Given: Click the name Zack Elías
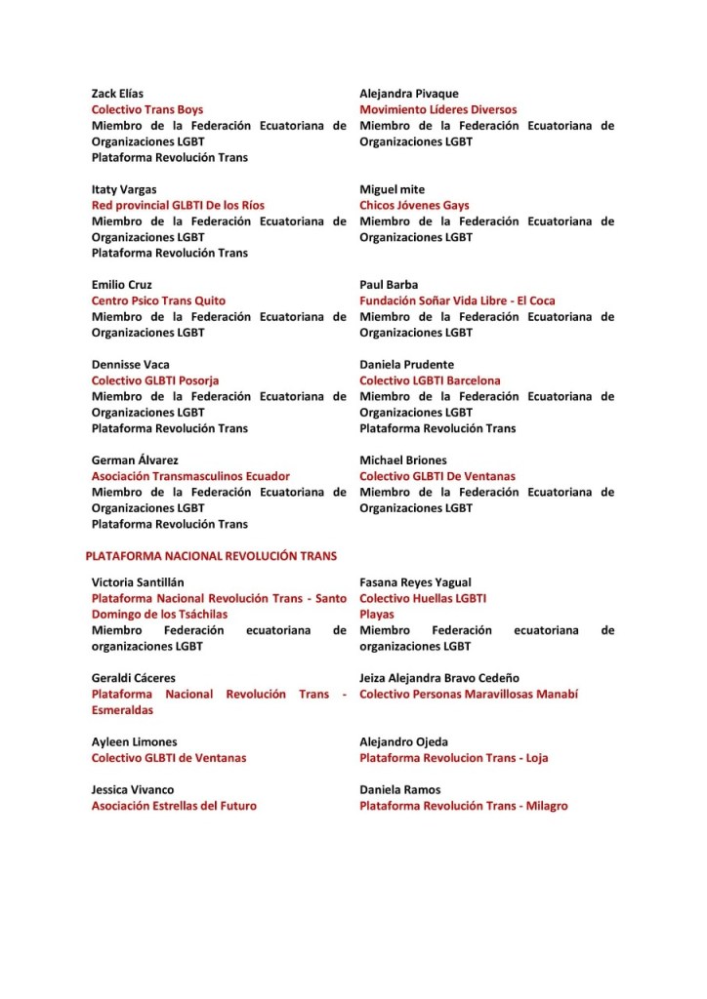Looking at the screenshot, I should tap(117, 94).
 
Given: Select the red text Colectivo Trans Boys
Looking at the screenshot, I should tap(147, 110).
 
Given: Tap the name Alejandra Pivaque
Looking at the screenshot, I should tap(408, 94).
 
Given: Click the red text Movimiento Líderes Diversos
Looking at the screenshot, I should tap(437, 110).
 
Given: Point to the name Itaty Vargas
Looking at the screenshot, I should tap(124, 189).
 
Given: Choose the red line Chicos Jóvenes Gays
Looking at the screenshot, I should tap(414, 206).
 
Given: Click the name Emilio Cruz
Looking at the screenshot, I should tap(122, 285).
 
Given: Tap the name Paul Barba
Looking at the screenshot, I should tap(389, 285).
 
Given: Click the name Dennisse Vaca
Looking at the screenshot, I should tap(130, 365).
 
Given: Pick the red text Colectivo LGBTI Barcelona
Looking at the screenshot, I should tap(430, 380).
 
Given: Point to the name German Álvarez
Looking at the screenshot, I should tap(135, 460).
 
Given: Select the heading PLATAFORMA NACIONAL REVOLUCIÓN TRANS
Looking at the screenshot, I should tap(211, 556).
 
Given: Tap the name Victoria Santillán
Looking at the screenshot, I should tap(138, 582).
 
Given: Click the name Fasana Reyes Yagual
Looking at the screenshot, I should tap(415, 582).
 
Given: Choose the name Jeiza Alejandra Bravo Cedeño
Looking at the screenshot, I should tap(439, 678).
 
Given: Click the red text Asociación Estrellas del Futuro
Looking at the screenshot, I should tap(174, 807).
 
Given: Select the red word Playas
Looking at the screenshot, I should tap(377, 615).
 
